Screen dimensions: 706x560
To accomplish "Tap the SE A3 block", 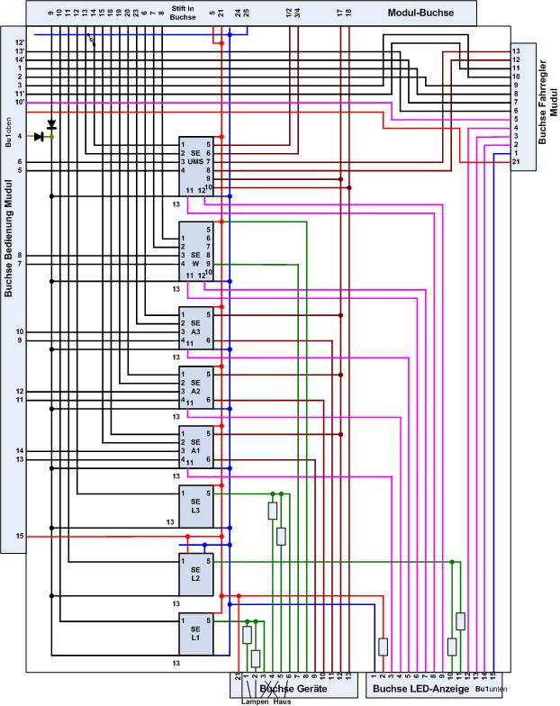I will pyautogui.click(x=195, y=329).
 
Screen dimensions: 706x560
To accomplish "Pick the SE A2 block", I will pyautogui.click(x=195, y=386).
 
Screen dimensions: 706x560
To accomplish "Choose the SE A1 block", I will pyautogui.click(x=195, y=445).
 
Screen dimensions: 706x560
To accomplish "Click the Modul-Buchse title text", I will pyautogui.click(x=420, y=14).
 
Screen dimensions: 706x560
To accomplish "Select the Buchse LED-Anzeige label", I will pyautogui.click(x=416, y=689).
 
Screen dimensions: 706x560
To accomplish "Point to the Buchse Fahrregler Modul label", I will pyautogui.click(x=546, y=104).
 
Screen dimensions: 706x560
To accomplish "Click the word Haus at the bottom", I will pyautogui.click(x=282, y=701).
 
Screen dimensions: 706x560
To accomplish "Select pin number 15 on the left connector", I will pyautogui.click(x=19, y=536).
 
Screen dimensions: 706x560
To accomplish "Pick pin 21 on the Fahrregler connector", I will pyautogui.click(x=516, y=162).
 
